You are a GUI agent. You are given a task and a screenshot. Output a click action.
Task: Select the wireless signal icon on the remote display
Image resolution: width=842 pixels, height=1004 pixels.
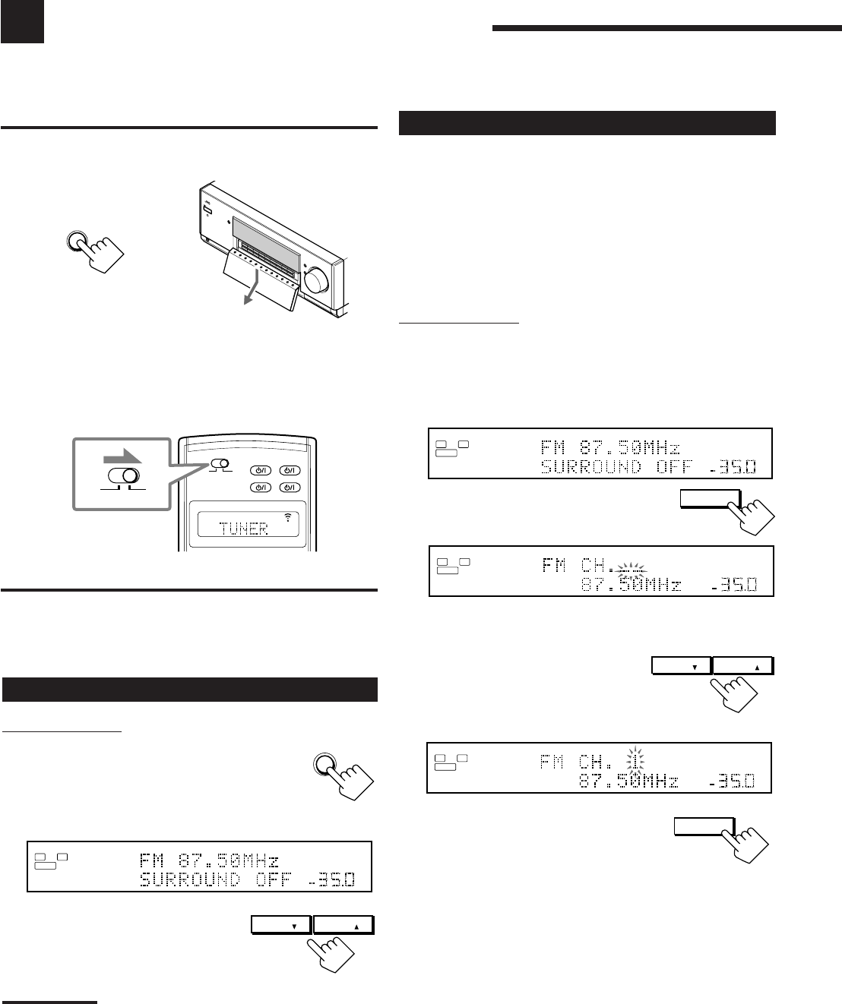point(288,518)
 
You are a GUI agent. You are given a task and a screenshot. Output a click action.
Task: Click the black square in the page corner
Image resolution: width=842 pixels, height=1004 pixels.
point(22,21)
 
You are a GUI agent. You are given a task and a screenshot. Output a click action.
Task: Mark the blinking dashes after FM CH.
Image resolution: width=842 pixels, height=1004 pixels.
point(631,568)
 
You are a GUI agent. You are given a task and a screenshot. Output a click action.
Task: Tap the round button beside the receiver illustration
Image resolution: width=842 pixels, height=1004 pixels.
point(75,241)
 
